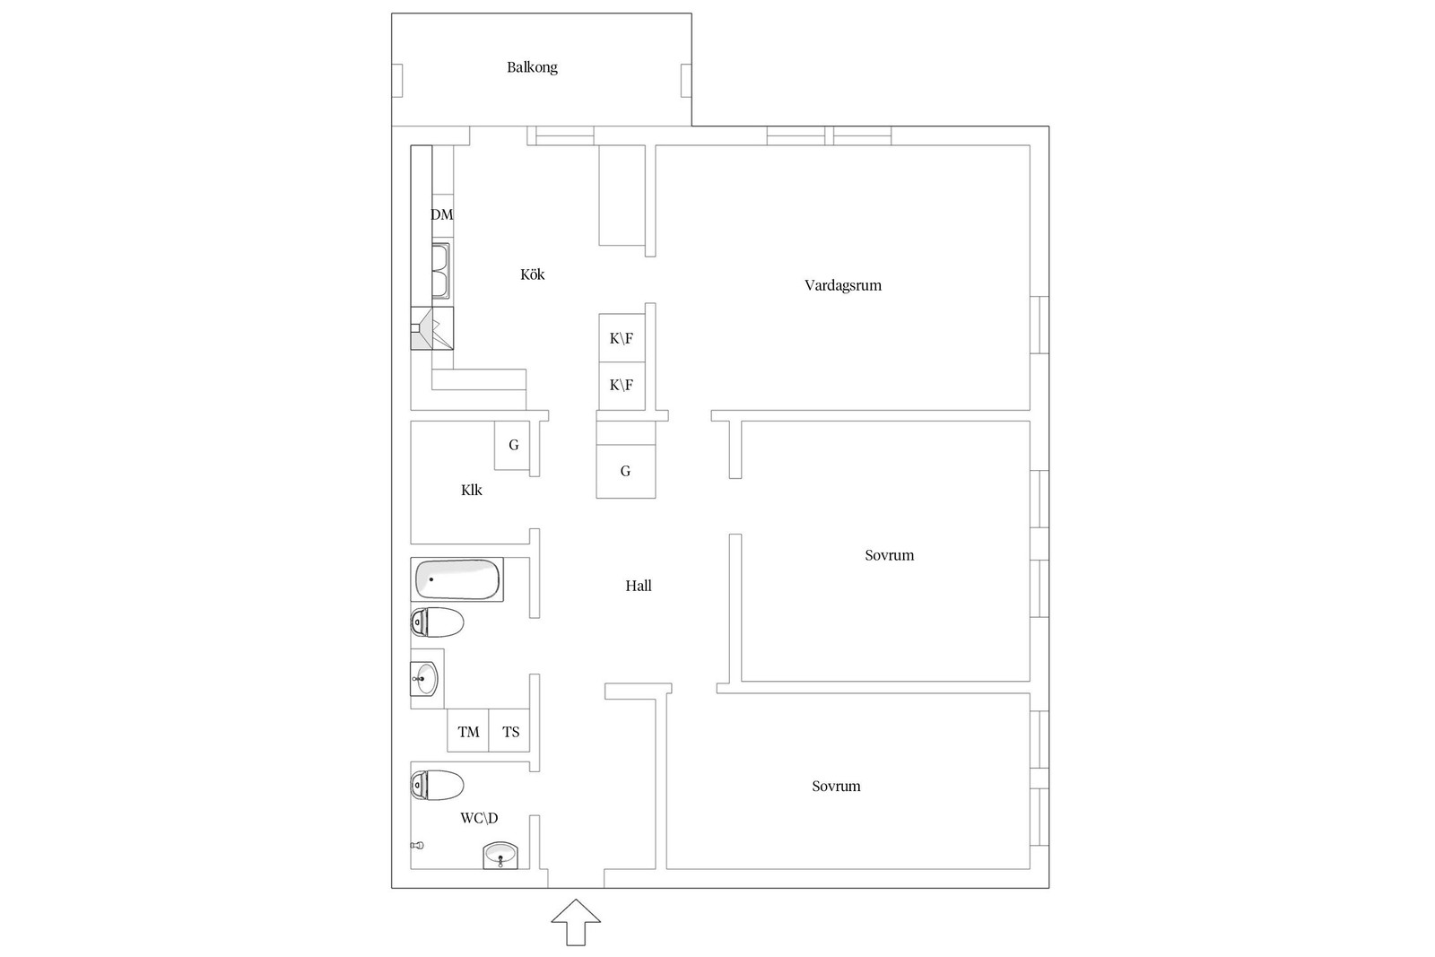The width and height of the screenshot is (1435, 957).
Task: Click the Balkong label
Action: click(x=532, y=67)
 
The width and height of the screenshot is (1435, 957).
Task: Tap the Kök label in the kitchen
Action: click(x=533, y=274)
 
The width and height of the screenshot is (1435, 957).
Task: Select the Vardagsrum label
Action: click(x=843, y=286)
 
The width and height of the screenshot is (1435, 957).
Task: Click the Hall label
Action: click(x=638, y=586)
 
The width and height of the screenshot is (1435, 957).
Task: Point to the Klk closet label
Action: click(x=472, y=490)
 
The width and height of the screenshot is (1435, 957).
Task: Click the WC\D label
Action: click(x=479, y=818)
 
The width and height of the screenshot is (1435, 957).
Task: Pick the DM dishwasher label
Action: click(x=442, y=214)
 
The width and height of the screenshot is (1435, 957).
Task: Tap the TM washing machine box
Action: click(x=467, y=731)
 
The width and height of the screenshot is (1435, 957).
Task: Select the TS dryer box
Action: click(x=509, y=731)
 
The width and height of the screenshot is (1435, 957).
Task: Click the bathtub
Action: click(x=457, y=579)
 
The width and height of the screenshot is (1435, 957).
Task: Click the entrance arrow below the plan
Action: click(x=576, y=922)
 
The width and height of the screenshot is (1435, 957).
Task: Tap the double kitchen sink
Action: click(x=440, y=271)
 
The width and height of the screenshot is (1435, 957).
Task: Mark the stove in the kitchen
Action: click(x=432, y=328)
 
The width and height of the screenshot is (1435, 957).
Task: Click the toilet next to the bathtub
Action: click(x=437, y=622)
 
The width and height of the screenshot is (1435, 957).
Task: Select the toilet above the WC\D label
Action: click(x=437, y=786)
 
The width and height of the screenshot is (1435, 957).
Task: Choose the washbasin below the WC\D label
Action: click(x=500, y=856)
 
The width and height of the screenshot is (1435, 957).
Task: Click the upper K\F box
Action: click(x=622, y=337)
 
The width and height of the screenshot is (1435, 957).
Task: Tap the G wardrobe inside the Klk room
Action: click(x=512, y=445)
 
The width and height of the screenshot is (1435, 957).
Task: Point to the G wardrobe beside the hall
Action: click(x=626, y=472)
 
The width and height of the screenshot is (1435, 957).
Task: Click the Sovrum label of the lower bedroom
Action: click(x=836, y=786)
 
